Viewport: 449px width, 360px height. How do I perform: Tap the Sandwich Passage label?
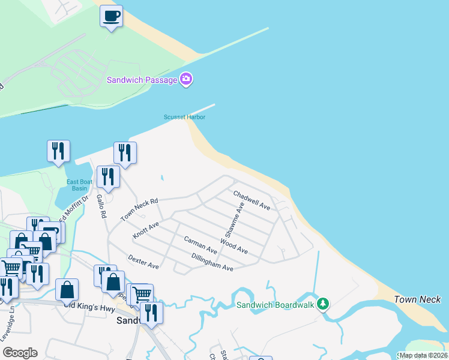point(142,80)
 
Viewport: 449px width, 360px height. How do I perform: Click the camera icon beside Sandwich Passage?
point(186,80)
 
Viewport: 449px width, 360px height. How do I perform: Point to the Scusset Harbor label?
point(185,118)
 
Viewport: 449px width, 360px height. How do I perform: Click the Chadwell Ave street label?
point(252,200)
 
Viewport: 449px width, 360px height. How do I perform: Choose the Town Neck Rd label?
point(139,210)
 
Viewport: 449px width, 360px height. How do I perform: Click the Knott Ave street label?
point(146,229)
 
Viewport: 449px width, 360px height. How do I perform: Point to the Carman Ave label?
point(200,244)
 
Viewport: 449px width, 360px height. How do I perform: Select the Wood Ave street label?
point(234,246)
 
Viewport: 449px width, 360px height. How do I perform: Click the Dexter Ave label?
point(143,262)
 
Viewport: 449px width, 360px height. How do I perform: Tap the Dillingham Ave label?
point(212,262)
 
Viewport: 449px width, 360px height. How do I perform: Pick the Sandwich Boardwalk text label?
point(275,305)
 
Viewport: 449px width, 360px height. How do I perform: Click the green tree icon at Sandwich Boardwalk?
point(323,304)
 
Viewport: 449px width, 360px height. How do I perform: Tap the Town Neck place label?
point(417,299)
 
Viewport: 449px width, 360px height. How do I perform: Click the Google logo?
point(20,353)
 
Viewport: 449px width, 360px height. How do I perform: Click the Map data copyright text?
point(423,355)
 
